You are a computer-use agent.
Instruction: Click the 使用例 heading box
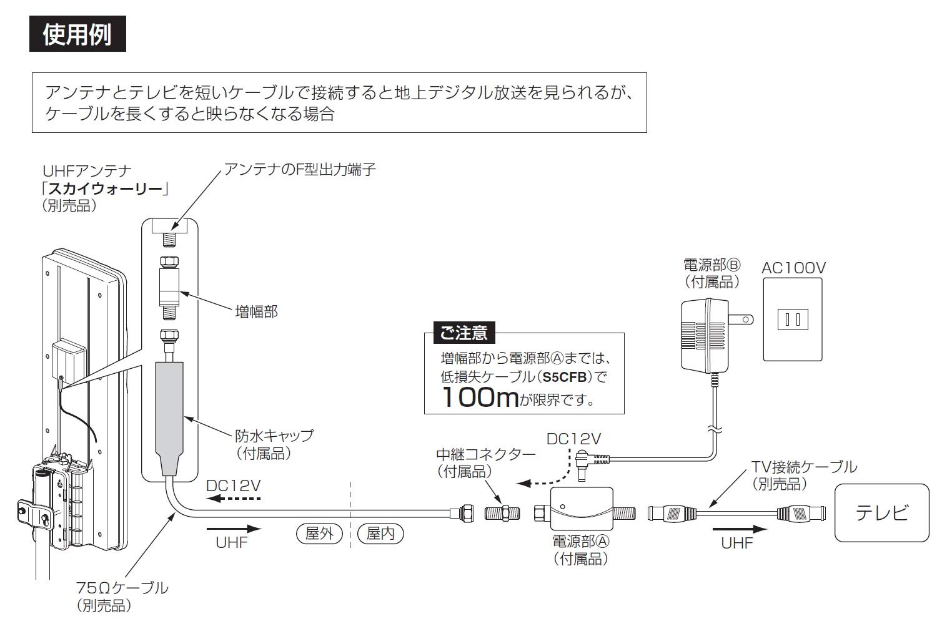77,34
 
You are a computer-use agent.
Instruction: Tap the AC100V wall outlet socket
792,319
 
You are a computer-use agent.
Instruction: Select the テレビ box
881,513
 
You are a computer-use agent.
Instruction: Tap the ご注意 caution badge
464,333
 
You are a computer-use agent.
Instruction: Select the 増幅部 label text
255,311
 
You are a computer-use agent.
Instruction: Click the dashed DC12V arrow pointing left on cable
234,499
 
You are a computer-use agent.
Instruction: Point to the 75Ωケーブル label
122,587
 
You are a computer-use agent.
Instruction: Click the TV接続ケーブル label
803,466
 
